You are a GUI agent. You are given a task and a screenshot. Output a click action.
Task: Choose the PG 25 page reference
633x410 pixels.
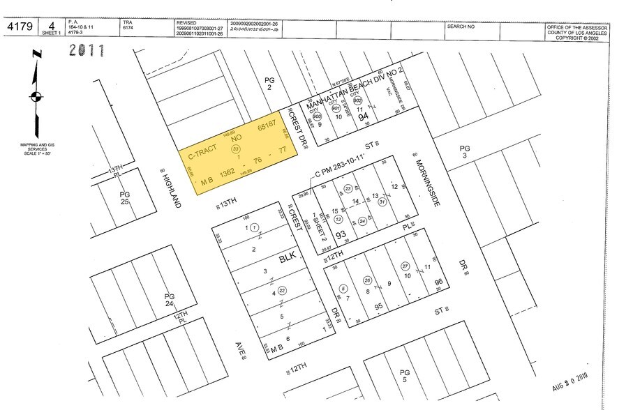point(125,197)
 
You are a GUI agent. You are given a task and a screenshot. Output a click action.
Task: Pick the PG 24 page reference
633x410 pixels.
point(169,301)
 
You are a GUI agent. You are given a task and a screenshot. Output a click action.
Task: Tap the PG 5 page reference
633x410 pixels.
point(403,377)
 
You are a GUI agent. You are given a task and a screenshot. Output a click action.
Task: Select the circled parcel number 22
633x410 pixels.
point(282,291)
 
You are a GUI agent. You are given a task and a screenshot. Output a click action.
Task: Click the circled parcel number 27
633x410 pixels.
point(405,266)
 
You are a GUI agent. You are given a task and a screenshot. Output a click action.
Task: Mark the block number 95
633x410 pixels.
point(379,306)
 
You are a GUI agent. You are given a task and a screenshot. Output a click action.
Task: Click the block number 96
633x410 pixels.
point(438,282)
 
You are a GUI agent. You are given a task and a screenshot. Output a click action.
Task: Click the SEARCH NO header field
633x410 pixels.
point(461,26)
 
